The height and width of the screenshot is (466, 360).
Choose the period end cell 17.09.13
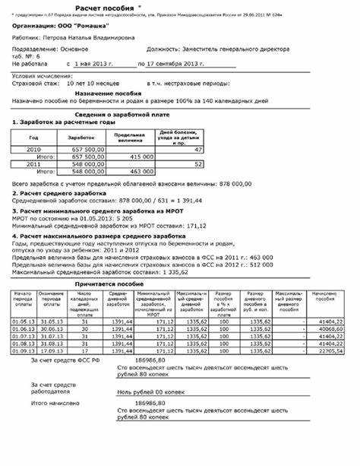[52, 351]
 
